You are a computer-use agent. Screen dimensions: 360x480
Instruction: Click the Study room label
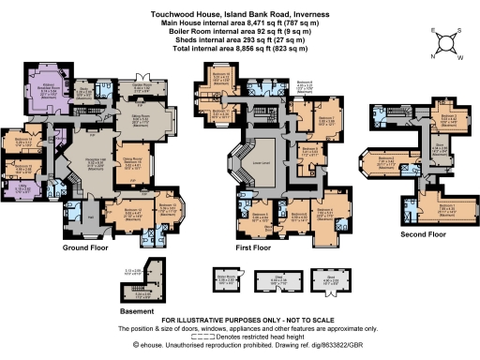pos(109,93)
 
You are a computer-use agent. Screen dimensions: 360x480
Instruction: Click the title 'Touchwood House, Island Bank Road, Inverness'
pos(239,7)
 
